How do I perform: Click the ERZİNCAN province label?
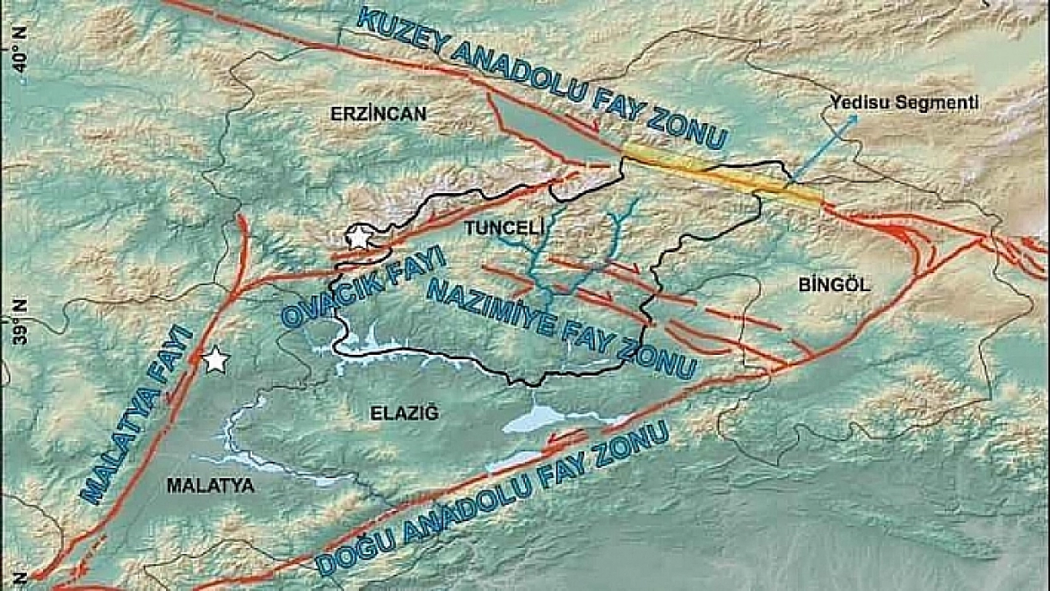[x=378, y=114]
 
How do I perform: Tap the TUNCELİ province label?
[x=500, y=229]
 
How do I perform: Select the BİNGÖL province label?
[x=834, y=285]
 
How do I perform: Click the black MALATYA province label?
[x=210, y=486]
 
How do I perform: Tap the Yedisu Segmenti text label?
[x=903, y=103]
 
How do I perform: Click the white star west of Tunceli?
[x=358, y=237]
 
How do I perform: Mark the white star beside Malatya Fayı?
[x=215, y=360]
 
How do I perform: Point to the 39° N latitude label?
[x=21, y=322]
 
